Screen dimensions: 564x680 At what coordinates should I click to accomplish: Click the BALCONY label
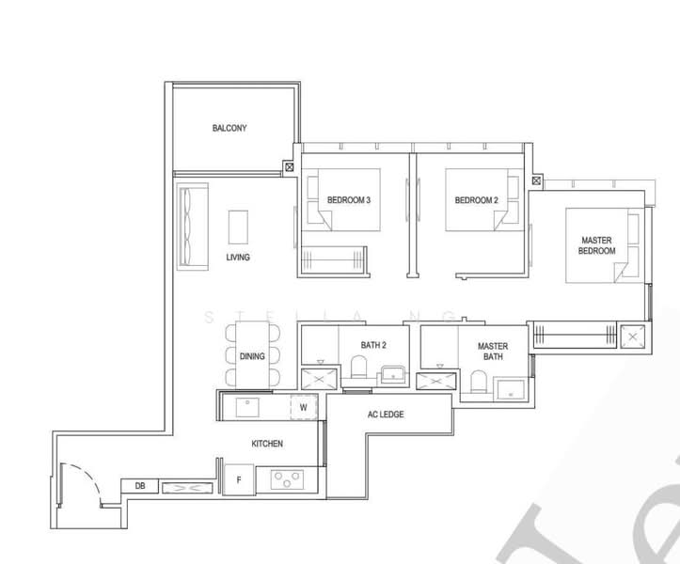[229, 128]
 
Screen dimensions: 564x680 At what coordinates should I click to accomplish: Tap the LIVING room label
[238, 257]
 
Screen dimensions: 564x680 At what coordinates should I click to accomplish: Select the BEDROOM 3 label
[348, 200]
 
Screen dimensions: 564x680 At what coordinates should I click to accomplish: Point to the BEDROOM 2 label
[476, 200]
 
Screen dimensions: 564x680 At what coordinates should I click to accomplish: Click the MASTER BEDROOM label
[596, 246]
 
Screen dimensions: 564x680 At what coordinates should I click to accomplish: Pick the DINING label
[252, 357]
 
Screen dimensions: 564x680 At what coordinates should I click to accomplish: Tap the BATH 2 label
[373, 346]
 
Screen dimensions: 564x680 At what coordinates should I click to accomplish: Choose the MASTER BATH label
[492, 352]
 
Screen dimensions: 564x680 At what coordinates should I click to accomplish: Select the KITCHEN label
[267, 443]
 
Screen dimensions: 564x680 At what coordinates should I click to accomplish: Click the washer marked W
[303, 407]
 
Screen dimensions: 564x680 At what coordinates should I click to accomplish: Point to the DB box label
[140, 486]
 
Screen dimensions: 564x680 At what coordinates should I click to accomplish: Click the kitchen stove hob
[284, 479]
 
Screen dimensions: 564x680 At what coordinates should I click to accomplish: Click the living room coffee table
[239, 227]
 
